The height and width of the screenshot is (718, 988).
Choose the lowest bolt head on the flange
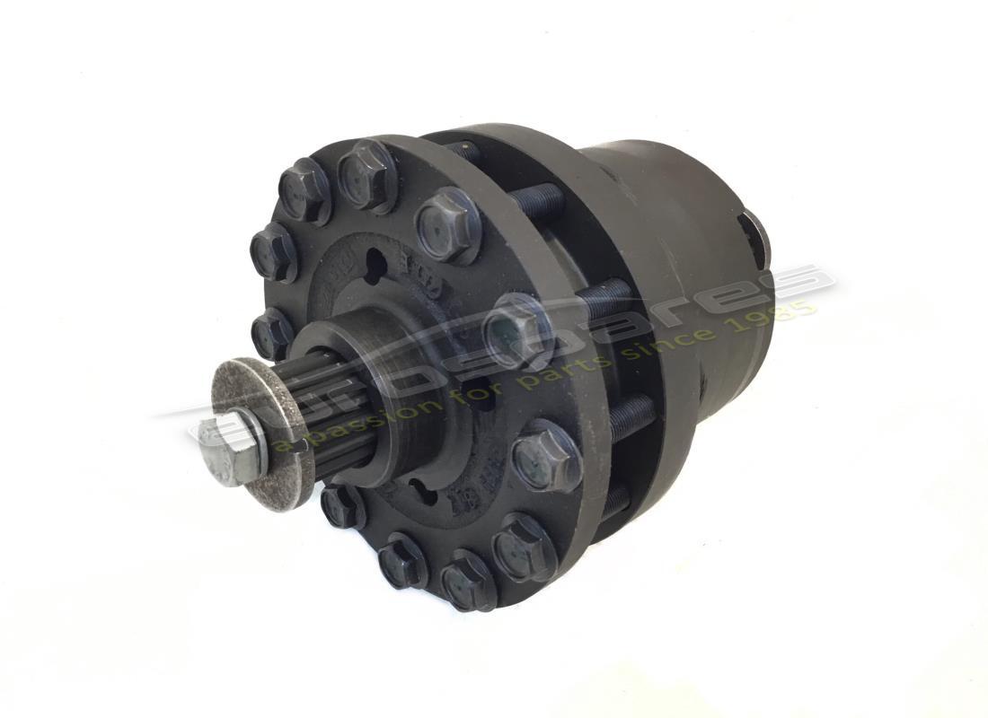(468, 581)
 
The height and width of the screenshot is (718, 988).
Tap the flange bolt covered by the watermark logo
(518, 330)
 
